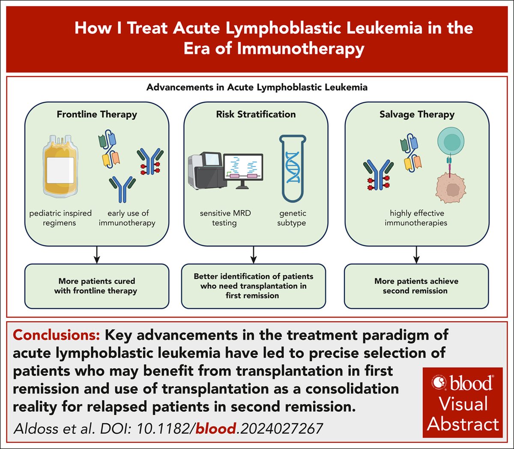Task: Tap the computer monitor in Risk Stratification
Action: [243, 169]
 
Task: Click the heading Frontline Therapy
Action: [97, 115]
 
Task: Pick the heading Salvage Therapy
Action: [417, 115]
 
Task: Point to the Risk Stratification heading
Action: [256, 115]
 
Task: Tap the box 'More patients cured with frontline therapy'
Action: [96, 286]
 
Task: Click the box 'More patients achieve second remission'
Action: [416, 286]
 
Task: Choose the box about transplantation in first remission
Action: [253, 286]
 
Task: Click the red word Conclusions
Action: [56, 335]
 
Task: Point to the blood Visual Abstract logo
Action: [463, 402]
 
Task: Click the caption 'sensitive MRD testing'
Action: [225, 218]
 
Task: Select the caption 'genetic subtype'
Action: [292, 218]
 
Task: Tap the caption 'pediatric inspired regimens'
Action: [60, 218]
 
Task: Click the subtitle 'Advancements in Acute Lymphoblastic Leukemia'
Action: [257, 88]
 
